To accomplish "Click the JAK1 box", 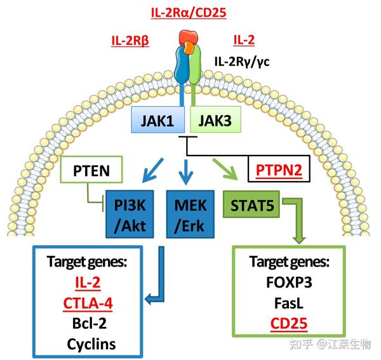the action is pyautogui.click(x=157, y=120).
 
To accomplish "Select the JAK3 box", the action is pyautogui.click(x=215, y=119).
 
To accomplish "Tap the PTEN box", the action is pyautogui.click(x=91, y=170).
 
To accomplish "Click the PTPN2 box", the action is pyautogui.click(x=279, y=169).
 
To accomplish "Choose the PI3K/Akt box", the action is pyautogui.click(x=130, y=214).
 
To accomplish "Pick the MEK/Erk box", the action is pyautogui.click(x=190, y=214).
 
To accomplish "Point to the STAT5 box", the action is pyautogui.click(x=251, y=204).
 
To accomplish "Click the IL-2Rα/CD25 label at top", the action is pyautogui.click(x=189, y=13).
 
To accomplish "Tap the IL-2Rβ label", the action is pyautogui.click(x=130, y=41).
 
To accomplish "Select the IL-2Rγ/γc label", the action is pyautogui.click(x=242, y=62).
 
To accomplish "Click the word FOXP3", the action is pyautogui.click(x=289, y=283).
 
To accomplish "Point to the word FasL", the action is pyautogui.click(x=289, y=303).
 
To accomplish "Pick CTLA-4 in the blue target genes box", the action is pyautogui.click(x=88, y=303).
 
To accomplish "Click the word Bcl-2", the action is pyautogui.click(x=90, y=324).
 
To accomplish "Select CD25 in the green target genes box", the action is pyautogui.click(x=289, y=324).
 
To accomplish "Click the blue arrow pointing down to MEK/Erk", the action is pyautogui.click(x=186, y=172).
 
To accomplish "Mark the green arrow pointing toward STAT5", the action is pyautogui.click(x=225, y=170).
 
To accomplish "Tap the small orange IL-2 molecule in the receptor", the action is pyautogui.click(x=189, y=48).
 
